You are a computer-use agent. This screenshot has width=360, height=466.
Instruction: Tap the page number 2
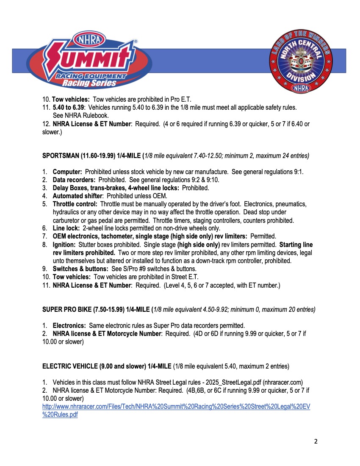pos(316,441)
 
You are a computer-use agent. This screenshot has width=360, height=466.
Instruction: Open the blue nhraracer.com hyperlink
pos(176,411)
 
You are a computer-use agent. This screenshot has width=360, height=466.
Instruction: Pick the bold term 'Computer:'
pos(67,172)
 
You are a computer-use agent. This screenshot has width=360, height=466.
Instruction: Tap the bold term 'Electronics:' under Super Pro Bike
pos(69,326)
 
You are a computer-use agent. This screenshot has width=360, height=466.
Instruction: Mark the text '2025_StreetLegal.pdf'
pos(231,382)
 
